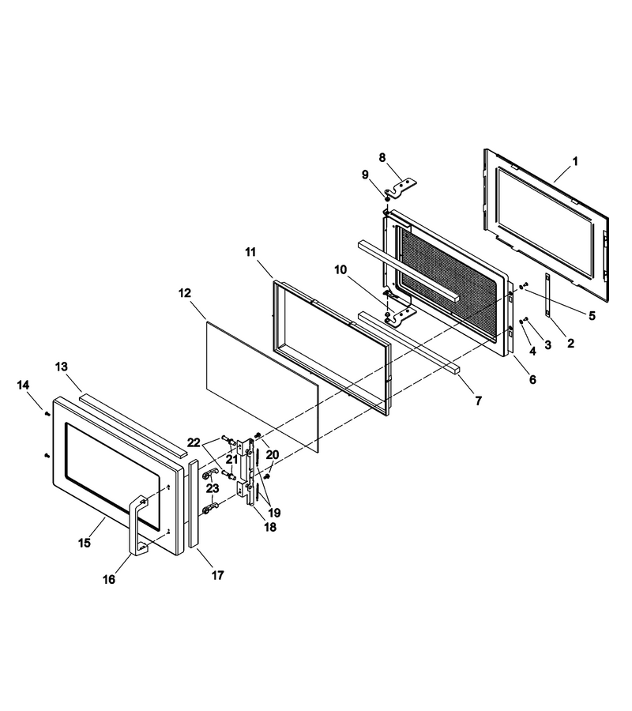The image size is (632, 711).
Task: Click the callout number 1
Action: pos(575,161)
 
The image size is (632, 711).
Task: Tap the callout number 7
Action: pos(478,401)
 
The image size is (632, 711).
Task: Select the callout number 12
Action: pos(185,293)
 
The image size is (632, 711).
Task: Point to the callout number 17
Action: pos(217,575)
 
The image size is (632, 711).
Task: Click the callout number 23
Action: pos(213,488)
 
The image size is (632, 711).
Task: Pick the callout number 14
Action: pos(23,385)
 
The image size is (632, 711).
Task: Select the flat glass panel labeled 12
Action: pos(263,387)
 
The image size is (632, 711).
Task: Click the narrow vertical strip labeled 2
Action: pos(547,295)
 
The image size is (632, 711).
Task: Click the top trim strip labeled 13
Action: pos(133,425)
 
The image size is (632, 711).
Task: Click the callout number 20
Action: pos(272,454)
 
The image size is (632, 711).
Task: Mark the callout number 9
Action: pos(365,175)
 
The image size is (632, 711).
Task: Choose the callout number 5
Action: pos(592,315)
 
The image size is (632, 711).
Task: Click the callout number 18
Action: pos(269,528)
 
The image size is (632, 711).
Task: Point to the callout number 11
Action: pos(250,252)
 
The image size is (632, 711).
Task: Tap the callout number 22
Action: pos(194,442)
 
